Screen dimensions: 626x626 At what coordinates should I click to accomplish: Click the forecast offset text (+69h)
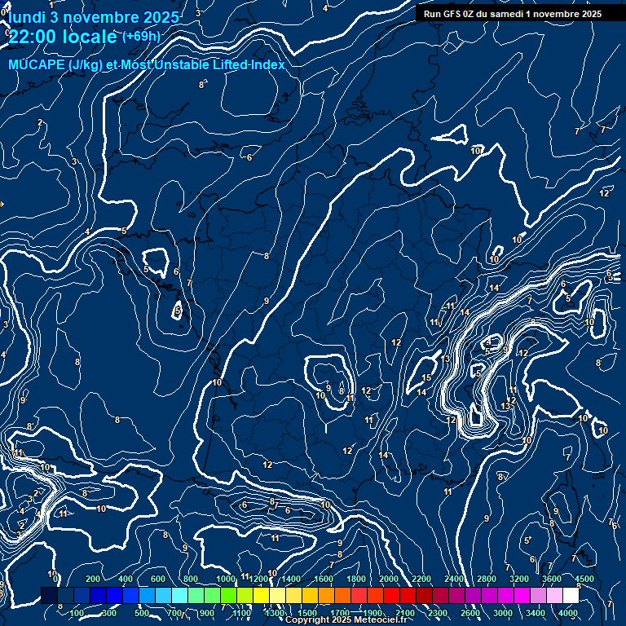pyautogui.click(x=141, y=36)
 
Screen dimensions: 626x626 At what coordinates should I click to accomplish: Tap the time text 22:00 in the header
pyautogui.click(x=33, y=37)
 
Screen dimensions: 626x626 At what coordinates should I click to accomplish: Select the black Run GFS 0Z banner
pyautogui.click(x=512, y=13)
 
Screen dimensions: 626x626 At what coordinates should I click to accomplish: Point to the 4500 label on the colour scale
pyautogui.click(x=584, y=579)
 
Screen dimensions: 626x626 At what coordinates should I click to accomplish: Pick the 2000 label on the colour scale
pyautogui.click(x=389, y=579)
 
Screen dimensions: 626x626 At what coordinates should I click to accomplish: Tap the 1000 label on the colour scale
pyautogui.click(x=225, y=579)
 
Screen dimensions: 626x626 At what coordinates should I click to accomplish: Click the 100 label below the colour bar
pyautogui.click(x=77, y=613)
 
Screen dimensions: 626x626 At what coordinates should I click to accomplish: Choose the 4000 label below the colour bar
pyautogui.click(x=568, y=613)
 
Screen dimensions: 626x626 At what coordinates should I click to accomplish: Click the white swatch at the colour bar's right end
pyautogui.click(x=571, y=596)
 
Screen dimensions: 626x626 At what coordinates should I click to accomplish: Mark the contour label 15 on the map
pyautogui.click(x=426, y=377)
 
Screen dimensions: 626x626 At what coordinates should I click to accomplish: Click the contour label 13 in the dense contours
pyautogui.click(x=506, y=406)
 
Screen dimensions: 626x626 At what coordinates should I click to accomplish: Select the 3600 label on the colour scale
pyautogui.click(x=552, y=579)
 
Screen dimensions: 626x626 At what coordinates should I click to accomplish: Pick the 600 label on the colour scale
pyautogui.click(x=158, y=579)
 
